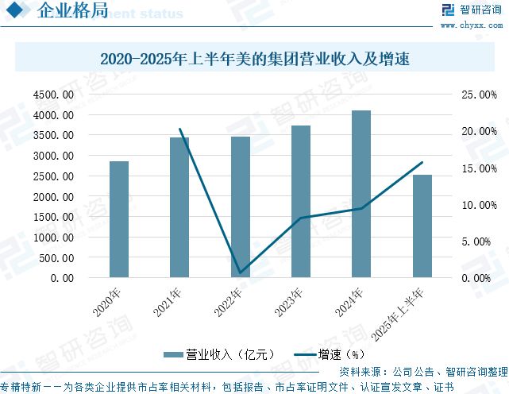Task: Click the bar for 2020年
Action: (x=119, y=220)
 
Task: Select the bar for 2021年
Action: (x=179, y=208)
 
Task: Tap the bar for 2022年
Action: (x=240, y=207)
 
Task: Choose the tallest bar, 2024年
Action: (x=361, y=195)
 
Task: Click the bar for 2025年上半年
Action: (x=422, y=226)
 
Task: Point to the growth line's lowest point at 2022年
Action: (x=240, y=273)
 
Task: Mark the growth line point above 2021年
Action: (x=180, y=129)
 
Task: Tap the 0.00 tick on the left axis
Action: (x=62, y=278)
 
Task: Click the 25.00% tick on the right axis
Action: (x=479, y=95)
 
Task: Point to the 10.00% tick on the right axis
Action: (x=479, y=205)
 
